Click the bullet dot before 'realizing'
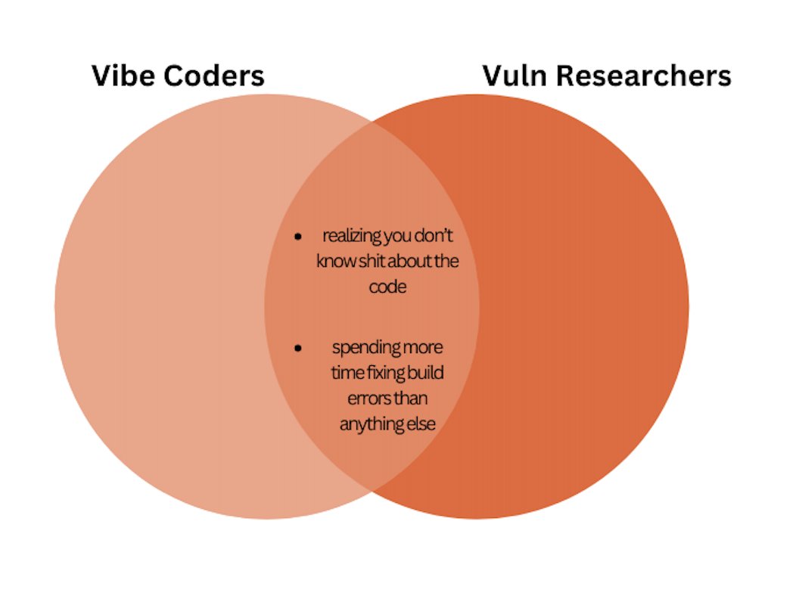[298, 237]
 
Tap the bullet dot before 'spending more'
[298, 348]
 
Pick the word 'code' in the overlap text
[387, 287]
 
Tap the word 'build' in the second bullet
[427, 373]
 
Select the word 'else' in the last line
[422, 424]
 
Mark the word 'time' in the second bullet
[346, 373]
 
